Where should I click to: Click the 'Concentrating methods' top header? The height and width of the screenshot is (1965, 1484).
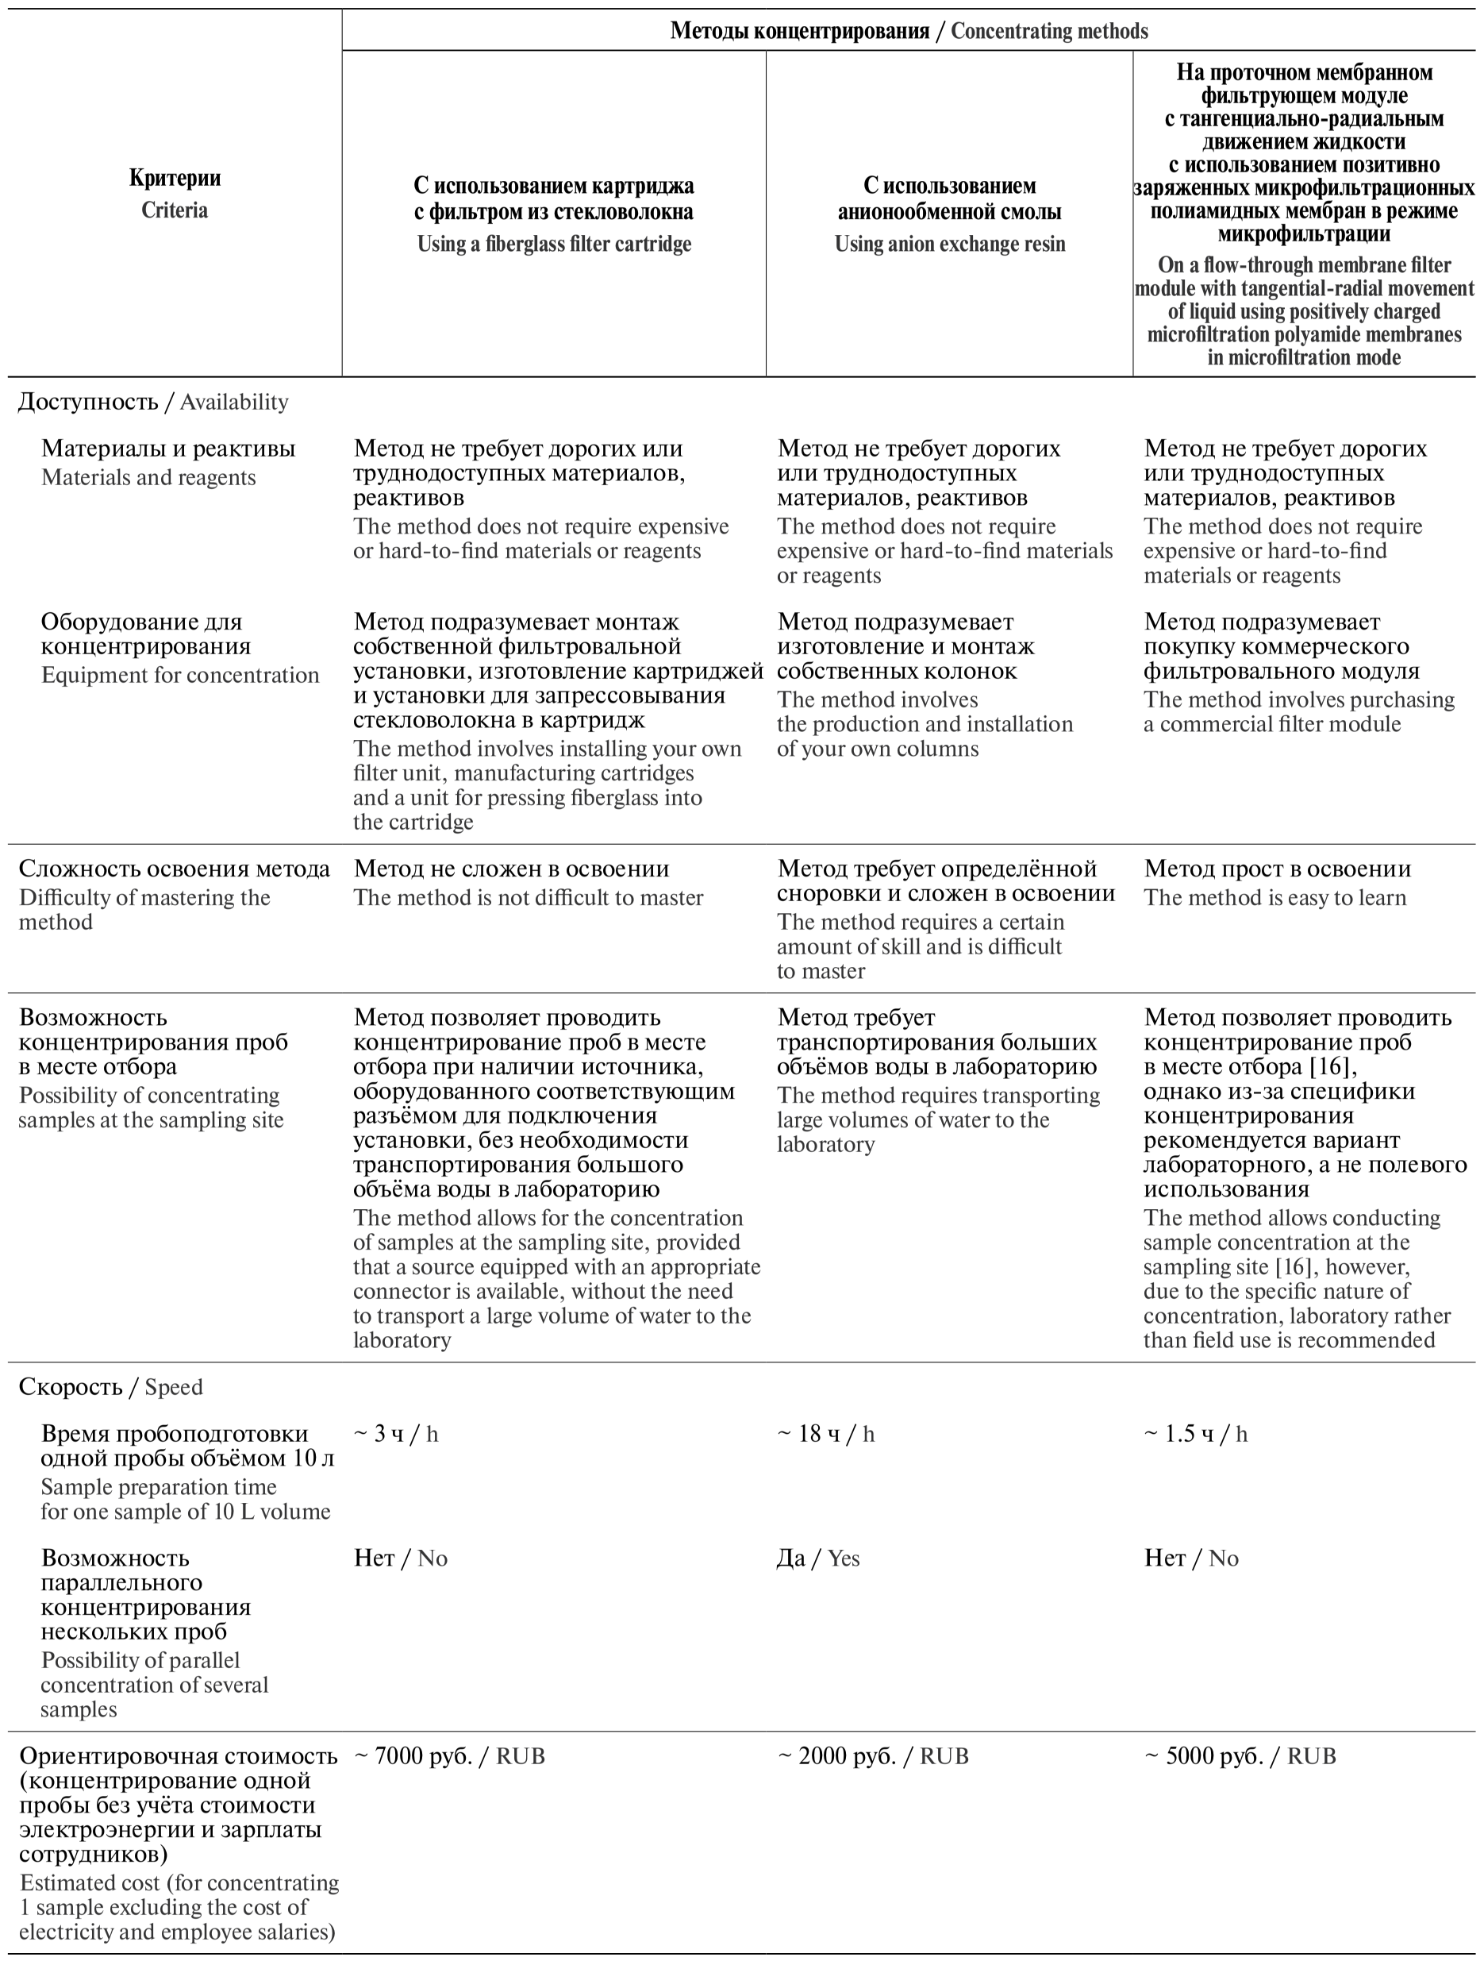pos(909,31)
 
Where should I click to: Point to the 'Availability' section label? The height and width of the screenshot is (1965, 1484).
pos(152,402)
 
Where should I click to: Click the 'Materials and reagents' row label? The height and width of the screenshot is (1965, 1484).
pos(168,462)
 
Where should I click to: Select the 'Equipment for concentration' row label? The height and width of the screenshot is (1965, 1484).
pos(179,648)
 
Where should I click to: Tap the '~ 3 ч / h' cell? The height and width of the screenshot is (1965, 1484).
pos(396,1434)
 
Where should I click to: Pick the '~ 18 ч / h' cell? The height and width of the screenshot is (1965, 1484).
pos(826,1434)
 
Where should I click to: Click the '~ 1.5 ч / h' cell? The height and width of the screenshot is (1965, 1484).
pos(1195,1434)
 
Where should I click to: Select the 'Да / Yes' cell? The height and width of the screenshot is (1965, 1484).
pos(818,1559)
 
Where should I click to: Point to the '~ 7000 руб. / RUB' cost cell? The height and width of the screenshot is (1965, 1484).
pos(449,1756)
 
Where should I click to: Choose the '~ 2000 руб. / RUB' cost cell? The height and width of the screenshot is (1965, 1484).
pos(873,1756)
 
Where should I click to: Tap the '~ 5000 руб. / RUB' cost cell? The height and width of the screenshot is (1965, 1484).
pos(1240,1756)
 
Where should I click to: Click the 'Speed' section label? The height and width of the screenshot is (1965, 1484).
pos(110,1387)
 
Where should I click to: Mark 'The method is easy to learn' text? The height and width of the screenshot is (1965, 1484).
pos(1274,897)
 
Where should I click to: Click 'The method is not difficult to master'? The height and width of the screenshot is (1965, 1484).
pos(529,897)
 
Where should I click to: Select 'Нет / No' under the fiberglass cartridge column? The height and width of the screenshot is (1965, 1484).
pos(401,1559)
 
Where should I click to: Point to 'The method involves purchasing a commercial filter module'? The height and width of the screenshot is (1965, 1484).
pos(1298,711)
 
